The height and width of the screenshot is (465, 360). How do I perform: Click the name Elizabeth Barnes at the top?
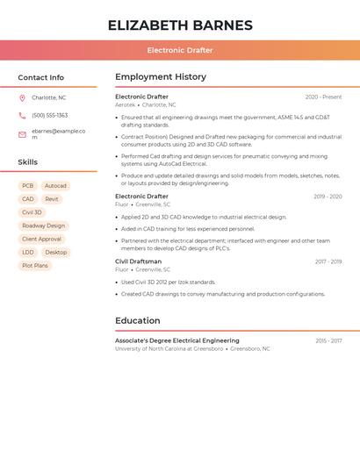pyautogui.click(x=180, y=25)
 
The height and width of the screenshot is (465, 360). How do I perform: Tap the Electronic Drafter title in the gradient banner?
pyautogui.click(x=180, y=50)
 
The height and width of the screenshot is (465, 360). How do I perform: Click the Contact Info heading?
pyautogui.click(x=41, y=77)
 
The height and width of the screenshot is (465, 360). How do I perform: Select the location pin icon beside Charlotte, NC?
pyautogui.click(x=22, y=98)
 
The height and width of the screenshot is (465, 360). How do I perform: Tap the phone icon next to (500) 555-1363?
pyautogui.click(x=22, y=116)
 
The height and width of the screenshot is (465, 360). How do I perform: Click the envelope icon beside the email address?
pyautogui.click(x=22, y=134)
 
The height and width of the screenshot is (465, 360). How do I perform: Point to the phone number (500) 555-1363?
pyautogui.click(x=50, y=116)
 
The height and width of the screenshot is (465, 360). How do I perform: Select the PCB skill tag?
pyautogui.click(x=28, y=186)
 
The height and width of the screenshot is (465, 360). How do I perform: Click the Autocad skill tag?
pyautogui.click(x=55, y=186)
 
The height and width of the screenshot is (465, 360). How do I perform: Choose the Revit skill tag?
pyautogui.click(x=52, y=199)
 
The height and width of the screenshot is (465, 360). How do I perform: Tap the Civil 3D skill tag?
pyautogui.click(x=32, y=212)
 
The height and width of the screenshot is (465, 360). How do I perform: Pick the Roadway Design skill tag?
pyautogui.click(x=44, y=225)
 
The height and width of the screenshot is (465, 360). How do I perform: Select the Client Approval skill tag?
pyautogui.click(x=42, y=239)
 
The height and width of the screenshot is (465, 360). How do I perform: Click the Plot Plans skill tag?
pyautogui.click(x=35, y=265)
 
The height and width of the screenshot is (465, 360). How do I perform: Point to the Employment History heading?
pyautogui.click(x=161, y=77)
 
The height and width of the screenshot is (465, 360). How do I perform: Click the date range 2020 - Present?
pyautogui.click(x=323, y=97)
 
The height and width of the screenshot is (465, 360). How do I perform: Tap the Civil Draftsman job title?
pyautogui.click(x=139, y=261)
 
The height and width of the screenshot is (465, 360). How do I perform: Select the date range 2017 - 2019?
pyautogui.click(x=328, y=261)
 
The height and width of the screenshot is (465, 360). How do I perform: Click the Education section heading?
pyautogui.click(x=138, y=321)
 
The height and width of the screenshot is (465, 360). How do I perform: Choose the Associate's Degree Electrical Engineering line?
pyautogui.click(x=177, y=340)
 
